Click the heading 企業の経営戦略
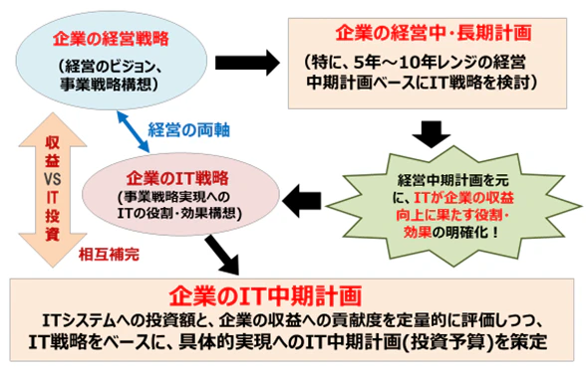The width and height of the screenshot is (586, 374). [111, 39]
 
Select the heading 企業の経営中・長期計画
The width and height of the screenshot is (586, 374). [433, 33]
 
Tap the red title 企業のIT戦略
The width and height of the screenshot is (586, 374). [177, 178]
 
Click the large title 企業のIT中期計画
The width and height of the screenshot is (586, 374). [265, 295]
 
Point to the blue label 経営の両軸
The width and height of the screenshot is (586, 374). [188, 130]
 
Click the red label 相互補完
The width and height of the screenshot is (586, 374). [109, 255]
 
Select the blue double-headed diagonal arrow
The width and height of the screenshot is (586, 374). [134, 131]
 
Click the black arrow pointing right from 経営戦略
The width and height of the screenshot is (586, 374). [247, 63]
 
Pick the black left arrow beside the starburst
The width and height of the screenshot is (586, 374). [302, 201]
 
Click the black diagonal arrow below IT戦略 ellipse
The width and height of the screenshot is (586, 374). [222, 255]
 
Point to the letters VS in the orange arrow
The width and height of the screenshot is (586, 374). [52, 180]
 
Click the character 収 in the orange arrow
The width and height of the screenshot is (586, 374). [52, 143]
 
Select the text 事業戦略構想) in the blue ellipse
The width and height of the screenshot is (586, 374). [109, 85]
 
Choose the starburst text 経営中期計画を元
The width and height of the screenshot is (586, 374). [452, 181]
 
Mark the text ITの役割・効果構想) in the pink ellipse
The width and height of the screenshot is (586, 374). [179, 213]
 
